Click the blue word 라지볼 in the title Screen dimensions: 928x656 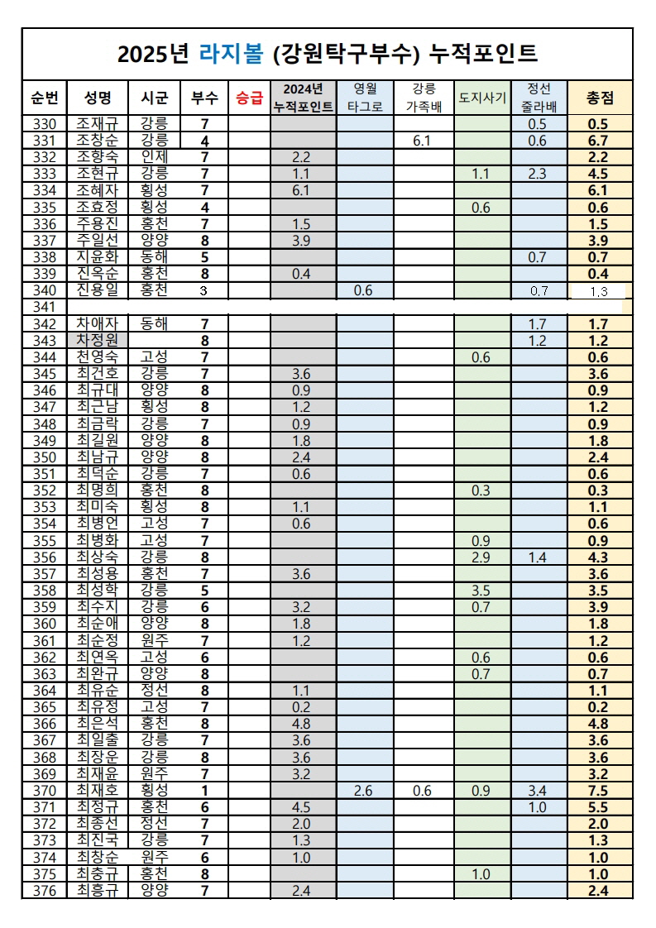click(228, 55)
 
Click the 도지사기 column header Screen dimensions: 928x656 click(481, 98)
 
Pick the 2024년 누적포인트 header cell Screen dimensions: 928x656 click(304, 98)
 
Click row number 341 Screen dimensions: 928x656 click(44, 308)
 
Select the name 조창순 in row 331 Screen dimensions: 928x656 click(98, 141)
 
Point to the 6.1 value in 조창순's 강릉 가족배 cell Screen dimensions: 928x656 click(422, 141)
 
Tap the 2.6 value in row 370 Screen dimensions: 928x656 click(363, 791)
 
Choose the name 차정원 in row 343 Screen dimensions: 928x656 click(98, 341)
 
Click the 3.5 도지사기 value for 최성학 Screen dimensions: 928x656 click(481, 591)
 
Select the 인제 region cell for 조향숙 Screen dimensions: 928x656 click(155, 157)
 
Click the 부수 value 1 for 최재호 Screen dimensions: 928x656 click(204, 791)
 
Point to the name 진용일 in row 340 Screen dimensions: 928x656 click(98, 290)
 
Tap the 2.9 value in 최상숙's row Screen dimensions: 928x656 click(481, 557)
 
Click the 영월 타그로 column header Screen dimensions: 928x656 click(365, 98)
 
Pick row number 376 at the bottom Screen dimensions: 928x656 click(44, 890)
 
